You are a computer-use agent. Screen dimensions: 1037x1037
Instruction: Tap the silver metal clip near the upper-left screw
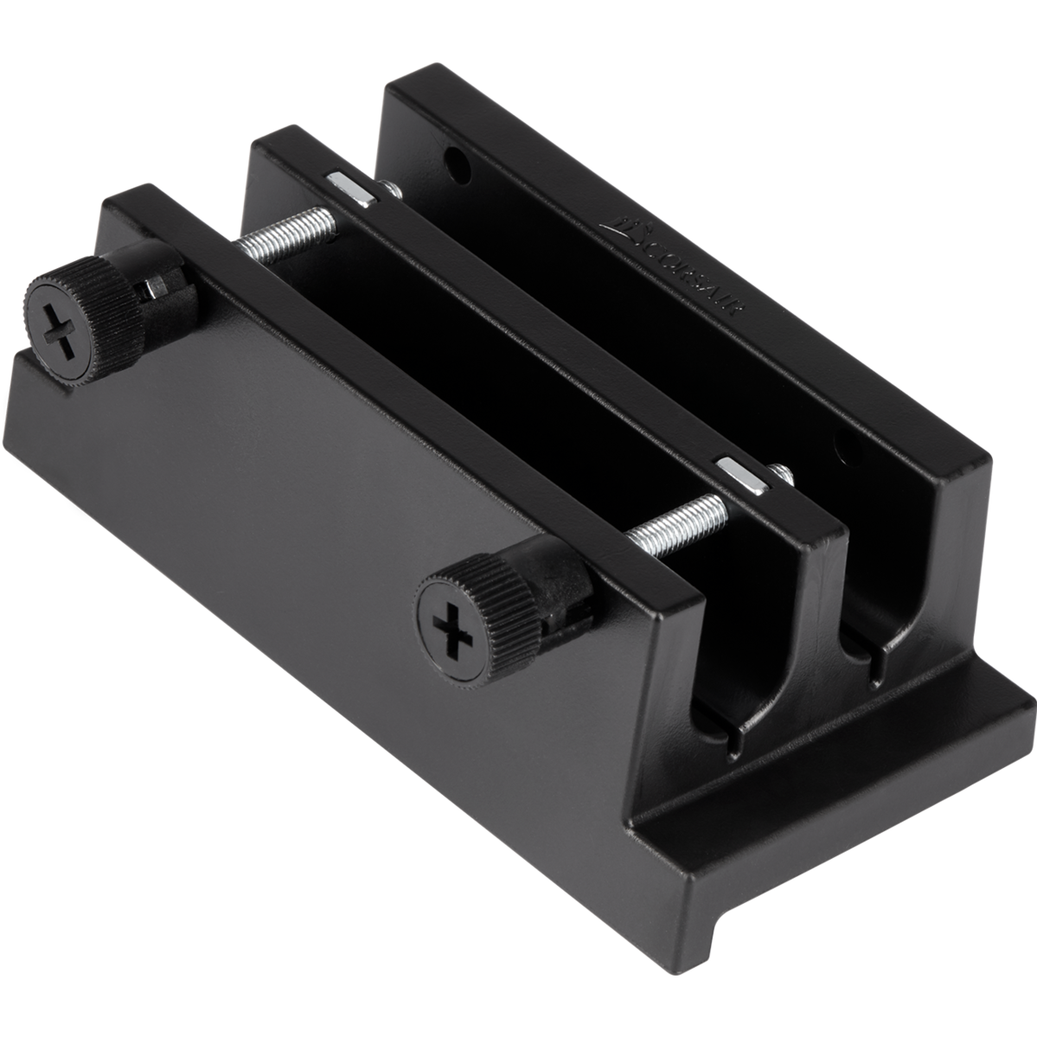click(349, 187)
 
